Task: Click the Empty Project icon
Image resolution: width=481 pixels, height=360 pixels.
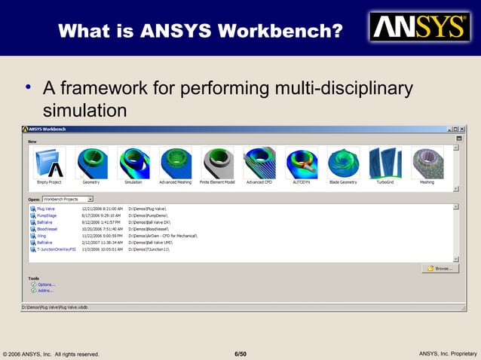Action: (50, 163)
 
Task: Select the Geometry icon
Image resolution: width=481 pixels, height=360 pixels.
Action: (91, 163)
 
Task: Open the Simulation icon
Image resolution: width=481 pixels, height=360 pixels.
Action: (133, 163)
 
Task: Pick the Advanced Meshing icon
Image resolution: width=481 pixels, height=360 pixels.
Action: (175, 163)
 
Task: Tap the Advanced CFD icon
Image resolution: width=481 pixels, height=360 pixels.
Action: (259, 163)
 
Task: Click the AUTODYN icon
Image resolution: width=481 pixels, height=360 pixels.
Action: (301, 163)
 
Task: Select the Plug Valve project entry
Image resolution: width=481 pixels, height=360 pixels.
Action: (46, 209)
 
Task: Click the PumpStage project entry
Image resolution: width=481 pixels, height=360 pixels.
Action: (47, 215)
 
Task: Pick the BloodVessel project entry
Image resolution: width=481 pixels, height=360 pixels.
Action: (47, 229)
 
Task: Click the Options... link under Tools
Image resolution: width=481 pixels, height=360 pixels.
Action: (46, 284)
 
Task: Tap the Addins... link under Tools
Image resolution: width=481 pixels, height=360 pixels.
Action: (45, 290)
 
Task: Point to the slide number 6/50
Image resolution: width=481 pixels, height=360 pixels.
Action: (240, 353)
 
